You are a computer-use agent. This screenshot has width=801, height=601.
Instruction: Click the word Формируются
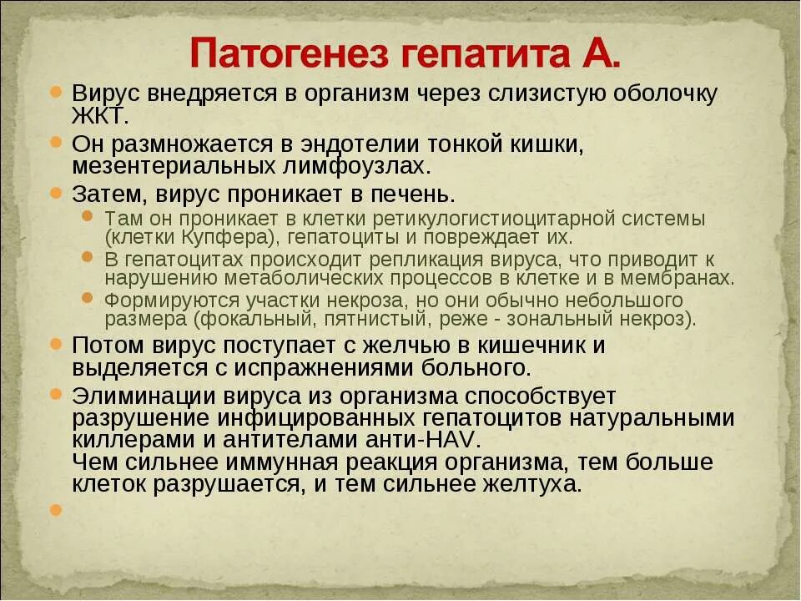(156, 300)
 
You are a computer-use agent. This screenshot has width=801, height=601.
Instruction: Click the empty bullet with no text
(56, 509)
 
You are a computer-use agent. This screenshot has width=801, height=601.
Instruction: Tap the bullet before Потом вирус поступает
(56, 344)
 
